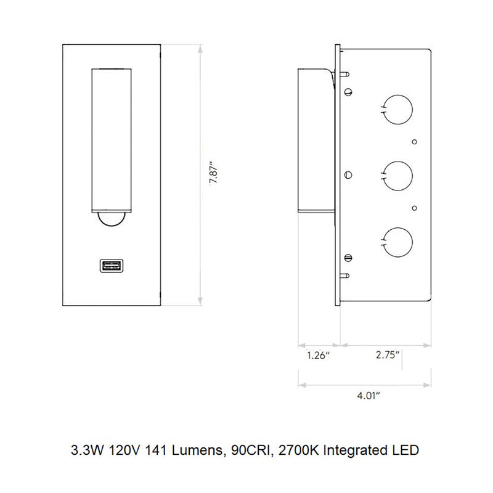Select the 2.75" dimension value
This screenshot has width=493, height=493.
pyautogui.click(x=388, y=355)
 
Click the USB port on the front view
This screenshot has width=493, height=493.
pyautogui.click(x=111, y=266)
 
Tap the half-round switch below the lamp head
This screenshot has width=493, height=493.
pyautogui.click(x=111, y=218)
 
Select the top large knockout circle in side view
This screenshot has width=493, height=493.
pyautogui.click(x=396, y=109)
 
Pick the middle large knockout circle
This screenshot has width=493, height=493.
pyautogui.click(x=396, y=174)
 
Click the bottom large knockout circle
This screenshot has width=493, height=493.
pyautogui.click(x=396, y=240)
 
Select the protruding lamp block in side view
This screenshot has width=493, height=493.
pyautogui.click(x=316, y=139)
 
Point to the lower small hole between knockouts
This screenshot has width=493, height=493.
pyautogui.click(x=415, y=207)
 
